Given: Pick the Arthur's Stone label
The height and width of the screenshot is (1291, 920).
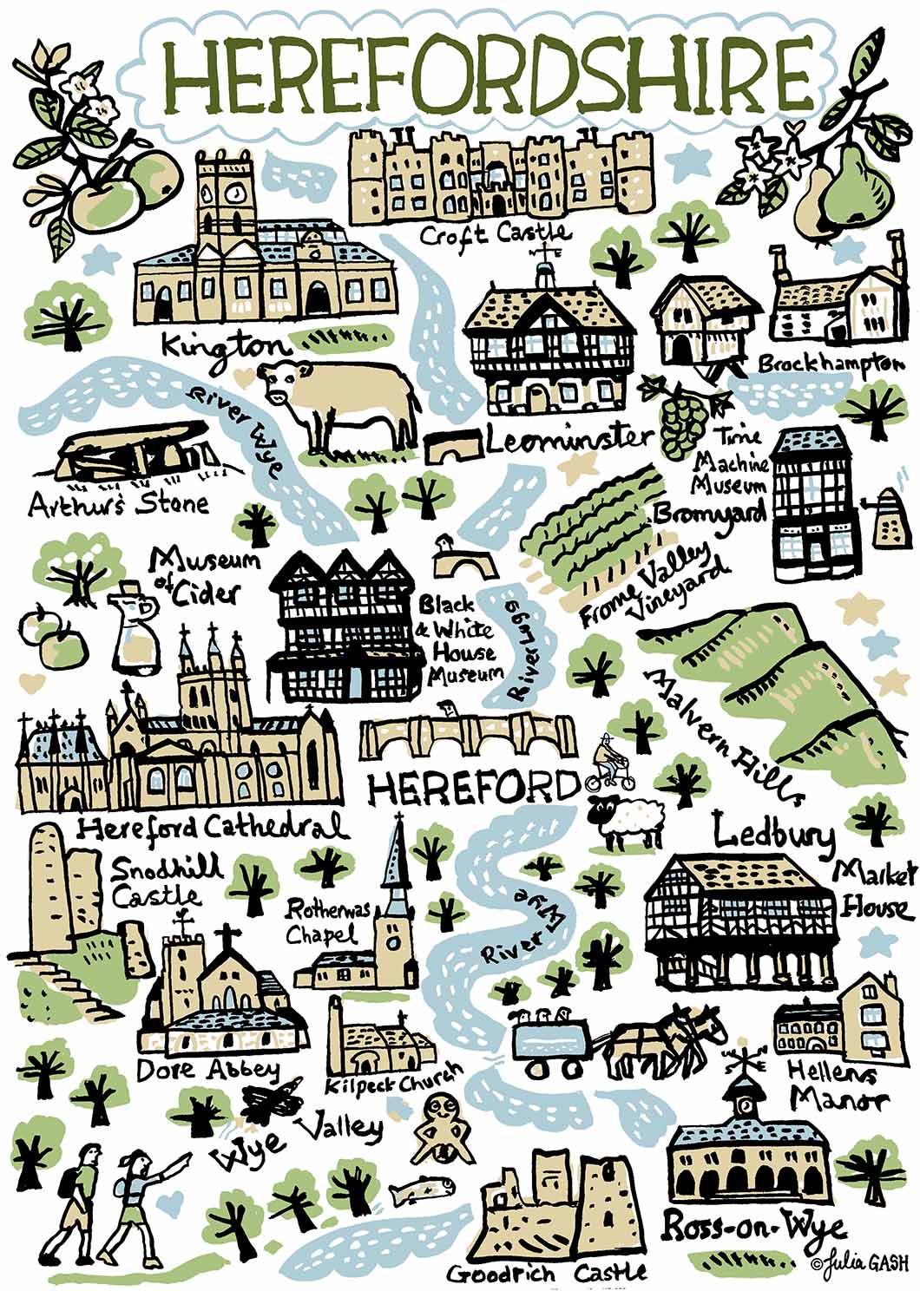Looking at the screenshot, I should (118, 503).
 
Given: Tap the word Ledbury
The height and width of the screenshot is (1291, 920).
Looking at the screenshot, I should (774, 834).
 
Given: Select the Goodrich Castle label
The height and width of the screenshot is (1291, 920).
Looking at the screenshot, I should (547, 1272).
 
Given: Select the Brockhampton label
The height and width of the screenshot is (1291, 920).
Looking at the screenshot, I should (825, 363).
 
